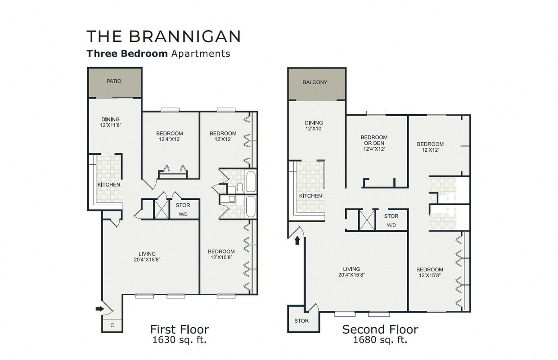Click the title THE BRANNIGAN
pos(163,36)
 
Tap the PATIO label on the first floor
pos(114,81)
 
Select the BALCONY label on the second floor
pos(315,82)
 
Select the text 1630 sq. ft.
pos(180,340)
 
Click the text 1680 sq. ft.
pos(380,340)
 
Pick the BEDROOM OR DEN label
pos(374,143)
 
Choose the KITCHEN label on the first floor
pos(109,184)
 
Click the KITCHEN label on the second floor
pos(310,196)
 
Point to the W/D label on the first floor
pos(183,214)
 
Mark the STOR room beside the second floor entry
pos(301,321)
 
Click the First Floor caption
pos(180,329)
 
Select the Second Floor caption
pos(380,329)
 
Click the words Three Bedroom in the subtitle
pos(127,54)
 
